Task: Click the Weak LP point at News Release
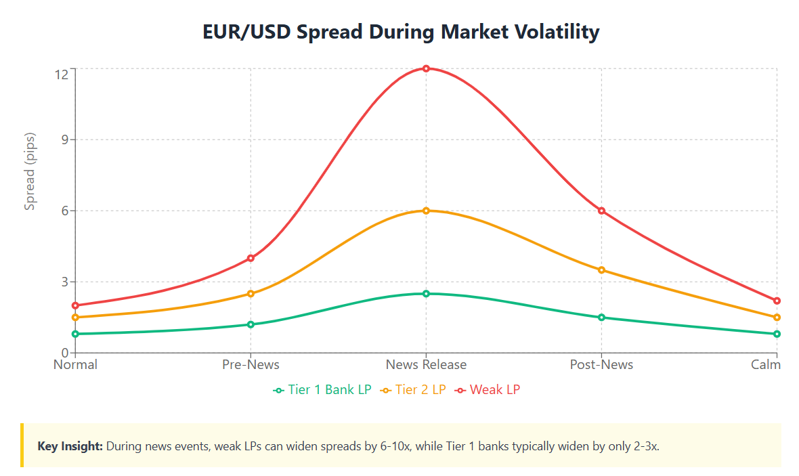[426, 68]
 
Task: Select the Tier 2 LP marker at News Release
[426, 211]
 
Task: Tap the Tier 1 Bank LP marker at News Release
[426, 293]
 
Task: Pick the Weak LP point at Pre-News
[251, 258]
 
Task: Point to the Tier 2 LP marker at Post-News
[601, 270]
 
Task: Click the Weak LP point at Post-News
[601, 211]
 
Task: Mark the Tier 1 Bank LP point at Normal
[75, 334]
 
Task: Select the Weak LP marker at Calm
[777, 301]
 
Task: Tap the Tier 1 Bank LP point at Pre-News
[251, 324]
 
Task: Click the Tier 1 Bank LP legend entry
[322, 389]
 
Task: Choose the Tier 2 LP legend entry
[414, 389]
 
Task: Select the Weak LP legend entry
[488, 389]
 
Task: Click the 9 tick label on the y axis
[65, 139]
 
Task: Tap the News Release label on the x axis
[426, 365]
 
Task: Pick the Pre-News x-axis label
[251, 365]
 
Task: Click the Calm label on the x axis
[766, 365]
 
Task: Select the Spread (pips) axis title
[30, 171]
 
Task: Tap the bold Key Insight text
[70, 446]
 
